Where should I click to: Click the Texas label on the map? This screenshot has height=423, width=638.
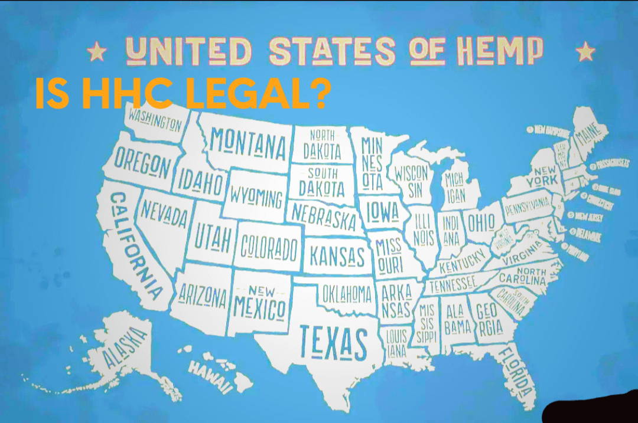pyautogui.click(x=333, y=342)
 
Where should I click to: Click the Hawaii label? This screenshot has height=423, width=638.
pyautogui.click(x=211, y=376)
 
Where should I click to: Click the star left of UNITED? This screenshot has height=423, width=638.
pyautogui.click(x=96, y=53)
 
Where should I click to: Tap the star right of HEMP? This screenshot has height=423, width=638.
pyautogui.click(x=585, y=51)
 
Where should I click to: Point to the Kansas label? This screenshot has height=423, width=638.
pyautogui.click(x=337, y=256)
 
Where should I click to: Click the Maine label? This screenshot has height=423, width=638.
pyautogui.click(x=588, y=139)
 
